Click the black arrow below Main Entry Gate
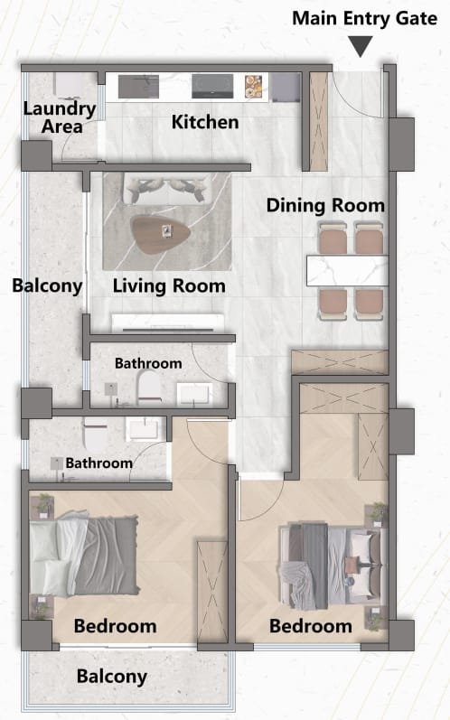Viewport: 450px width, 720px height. (360, 46)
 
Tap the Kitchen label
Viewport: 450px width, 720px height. (205, 122)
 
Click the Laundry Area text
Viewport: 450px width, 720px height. (61, 117)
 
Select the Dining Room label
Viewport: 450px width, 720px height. (325, 205)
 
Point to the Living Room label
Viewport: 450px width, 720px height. (169, 286)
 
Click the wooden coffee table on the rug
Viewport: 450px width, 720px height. (160, 234)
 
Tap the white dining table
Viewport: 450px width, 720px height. (347, 271)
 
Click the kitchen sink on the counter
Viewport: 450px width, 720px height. (138, 87)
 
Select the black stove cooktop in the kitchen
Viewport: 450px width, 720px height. (212, 87)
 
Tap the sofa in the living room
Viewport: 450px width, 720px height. (166, 189)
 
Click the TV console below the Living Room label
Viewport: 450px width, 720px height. (168, 323)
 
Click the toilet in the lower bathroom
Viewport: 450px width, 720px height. (96, 434)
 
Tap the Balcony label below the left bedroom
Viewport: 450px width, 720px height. (112, 677)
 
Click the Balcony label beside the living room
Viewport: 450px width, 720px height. (47, 285)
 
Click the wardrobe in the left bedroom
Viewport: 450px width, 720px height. (212, 592)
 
